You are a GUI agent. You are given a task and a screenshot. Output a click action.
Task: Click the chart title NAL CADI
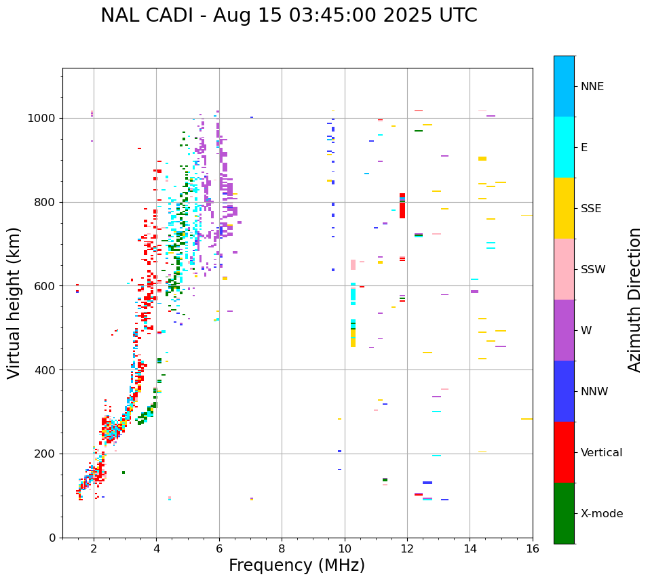(x=288, y=16)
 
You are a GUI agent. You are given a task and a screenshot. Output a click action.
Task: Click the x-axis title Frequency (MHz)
(x=297, y=565)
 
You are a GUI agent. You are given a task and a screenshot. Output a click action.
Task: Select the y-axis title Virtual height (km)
(x=14, y=302)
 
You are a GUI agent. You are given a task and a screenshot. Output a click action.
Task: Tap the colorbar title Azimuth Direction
(x=634, y=299)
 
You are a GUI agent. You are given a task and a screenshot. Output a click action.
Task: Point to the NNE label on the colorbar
(x=592, y=87)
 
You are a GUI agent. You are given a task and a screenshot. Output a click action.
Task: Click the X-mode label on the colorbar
(x=601, y=514)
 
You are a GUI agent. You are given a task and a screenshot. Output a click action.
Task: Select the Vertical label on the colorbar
(x=601, y=453)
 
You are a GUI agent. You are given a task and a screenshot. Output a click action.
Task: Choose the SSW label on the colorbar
(x=593, y=270)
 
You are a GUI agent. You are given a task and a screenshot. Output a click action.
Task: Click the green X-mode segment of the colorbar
(x=564, y=513)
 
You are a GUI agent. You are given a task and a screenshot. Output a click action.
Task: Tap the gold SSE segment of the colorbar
(x=564, y=208)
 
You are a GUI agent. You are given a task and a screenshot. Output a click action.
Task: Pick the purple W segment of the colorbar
(x=564, y=330)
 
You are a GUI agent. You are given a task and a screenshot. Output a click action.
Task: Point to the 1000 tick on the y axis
(x=43, y=119)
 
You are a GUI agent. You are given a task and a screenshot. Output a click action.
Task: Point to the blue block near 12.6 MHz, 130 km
(x=427, y=483)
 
